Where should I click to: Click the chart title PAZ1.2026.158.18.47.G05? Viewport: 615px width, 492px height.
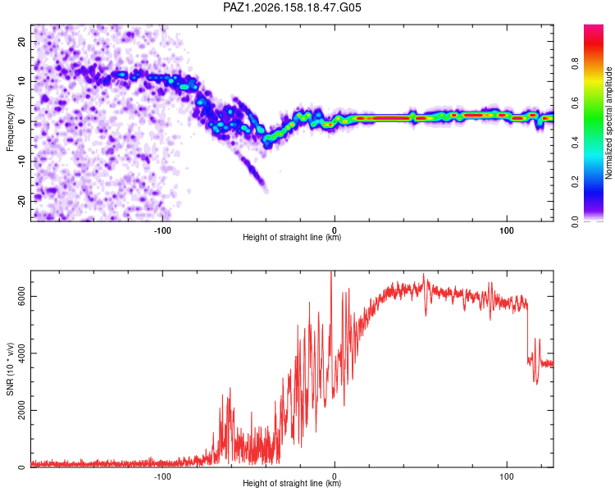[x=292, y=7]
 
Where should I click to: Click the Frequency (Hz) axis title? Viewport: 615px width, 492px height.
[x=10, y=122]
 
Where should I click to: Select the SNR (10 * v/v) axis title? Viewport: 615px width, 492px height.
[x=10, y=369]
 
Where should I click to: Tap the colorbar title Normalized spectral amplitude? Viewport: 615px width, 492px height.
[x=608, y=122]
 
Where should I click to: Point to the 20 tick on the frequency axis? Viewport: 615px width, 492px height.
[x=22, y=42]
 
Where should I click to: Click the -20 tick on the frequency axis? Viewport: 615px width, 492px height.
[x=22, y=201]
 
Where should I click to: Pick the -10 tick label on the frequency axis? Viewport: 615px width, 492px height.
[x=22, y=161]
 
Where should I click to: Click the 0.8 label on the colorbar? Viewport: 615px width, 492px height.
[x=575, y=63]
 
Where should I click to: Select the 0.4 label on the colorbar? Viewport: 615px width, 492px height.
[x=575, y=143]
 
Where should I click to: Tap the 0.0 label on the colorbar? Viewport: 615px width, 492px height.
[x=575, y=221]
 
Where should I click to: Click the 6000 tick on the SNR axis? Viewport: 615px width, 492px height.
[x=22, y=296]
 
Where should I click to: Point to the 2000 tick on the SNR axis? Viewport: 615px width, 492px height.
[x=22, y=410]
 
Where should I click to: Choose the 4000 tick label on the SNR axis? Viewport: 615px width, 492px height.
[x=22, y=353]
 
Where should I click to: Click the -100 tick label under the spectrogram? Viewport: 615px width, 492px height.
[x=162, y=230]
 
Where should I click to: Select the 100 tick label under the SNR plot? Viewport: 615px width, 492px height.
[x=507, y=476]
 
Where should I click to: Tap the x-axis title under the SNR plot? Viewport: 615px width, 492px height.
[x=292, y=483]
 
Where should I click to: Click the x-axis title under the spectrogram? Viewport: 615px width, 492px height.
[x=292, y=237]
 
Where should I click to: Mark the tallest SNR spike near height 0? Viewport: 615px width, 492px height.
[x=331, y=271]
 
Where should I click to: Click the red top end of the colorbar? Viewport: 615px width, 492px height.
[x=594, y=26]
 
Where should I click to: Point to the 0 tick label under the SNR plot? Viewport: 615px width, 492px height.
[x=335, y=476]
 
